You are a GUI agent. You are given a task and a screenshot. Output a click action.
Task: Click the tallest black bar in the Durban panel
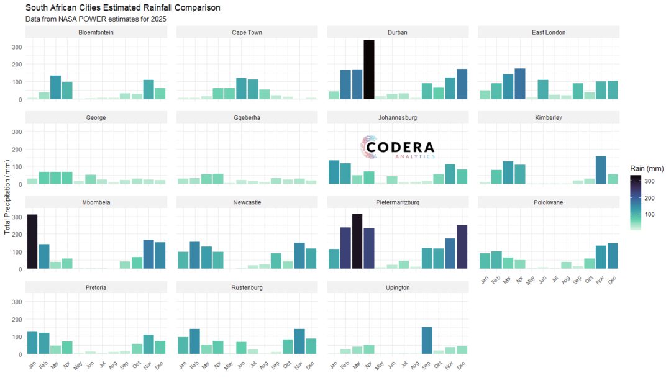click(369, 69)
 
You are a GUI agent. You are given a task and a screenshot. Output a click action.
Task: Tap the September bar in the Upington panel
click(427, 340)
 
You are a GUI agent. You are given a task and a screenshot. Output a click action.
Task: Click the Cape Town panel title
click(247, 32)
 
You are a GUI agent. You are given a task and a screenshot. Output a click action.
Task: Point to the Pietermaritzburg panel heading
click(398, 202)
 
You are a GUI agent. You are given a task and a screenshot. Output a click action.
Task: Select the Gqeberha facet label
click(247, 117)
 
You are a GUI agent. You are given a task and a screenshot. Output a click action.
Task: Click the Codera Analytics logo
click(398, 147)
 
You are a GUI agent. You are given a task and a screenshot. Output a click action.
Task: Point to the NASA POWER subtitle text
click(96, 19)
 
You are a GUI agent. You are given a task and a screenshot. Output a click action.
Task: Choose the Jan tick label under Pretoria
click(31, 364)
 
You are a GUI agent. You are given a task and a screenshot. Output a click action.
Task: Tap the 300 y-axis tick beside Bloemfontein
click(17, 47)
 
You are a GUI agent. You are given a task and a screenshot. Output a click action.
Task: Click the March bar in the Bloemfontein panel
click(55, 88)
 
